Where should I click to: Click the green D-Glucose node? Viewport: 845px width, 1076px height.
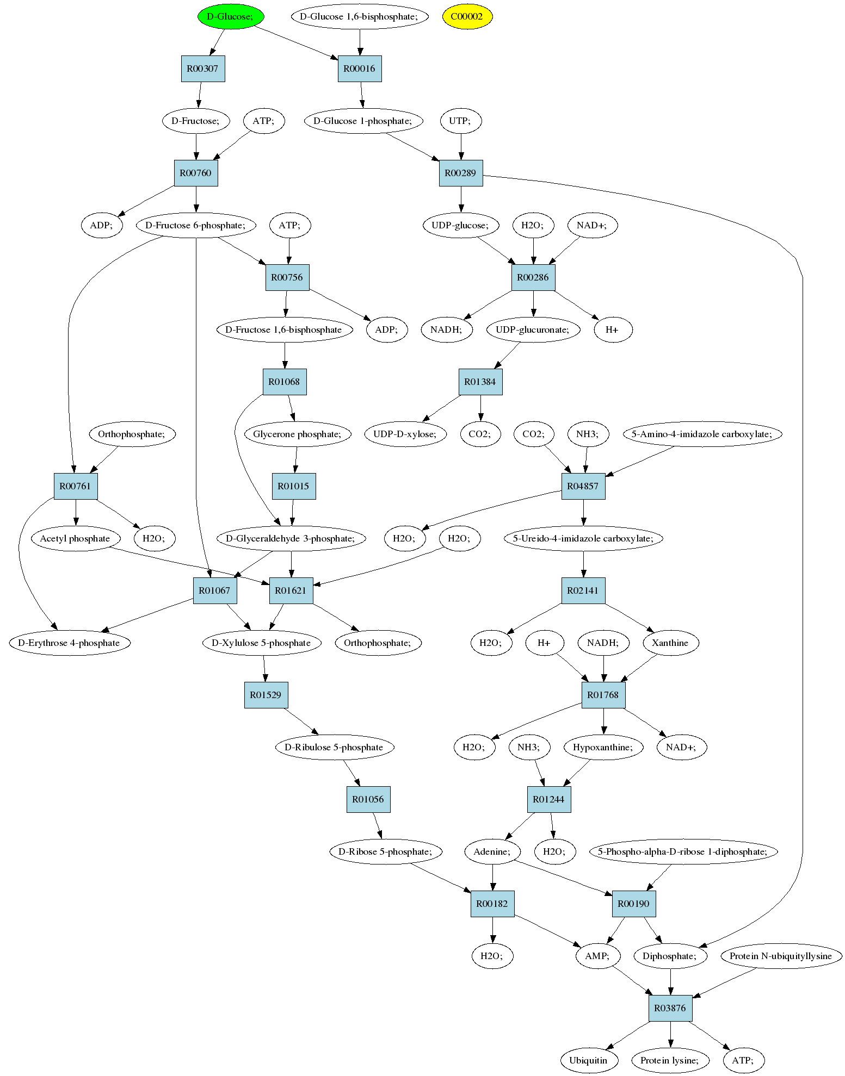[x=230, y=16]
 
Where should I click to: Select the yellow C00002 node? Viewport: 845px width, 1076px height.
[x=467, y=16]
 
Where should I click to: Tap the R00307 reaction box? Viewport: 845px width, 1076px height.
[x=202, y=69]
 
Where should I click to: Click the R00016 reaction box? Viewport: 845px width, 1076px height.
[x=359, y=69]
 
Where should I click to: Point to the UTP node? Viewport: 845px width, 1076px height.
[x=460, y=121]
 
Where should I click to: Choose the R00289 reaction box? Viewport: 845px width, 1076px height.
[x=460, y=173]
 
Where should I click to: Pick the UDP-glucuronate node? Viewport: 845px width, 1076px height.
[x=533, y=329]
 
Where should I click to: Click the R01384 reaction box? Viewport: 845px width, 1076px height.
[x=480, y=382]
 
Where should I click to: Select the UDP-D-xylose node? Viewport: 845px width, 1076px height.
[x=405, y=434]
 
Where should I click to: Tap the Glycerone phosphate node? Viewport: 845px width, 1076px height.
[x=297, y=434]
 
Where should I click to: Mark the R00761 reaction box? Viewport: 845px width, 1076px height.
[x=76, y=486]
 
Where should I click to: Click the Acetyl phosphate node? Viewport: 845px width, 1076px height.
[x=75, y=538]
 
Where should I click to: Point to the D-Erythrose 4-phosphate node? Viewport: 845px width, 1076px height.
[x=70, y=643]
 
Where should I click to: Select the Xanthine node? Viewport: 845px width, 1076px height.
[x=670, y=643]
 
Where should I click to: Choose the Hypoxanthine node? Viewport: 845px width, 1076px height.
[x=603, y=747]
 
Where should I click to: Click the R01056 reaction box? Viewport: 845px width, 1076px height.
[x=368, y=799]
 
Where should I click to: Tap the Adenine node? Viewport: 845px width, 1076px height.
[x=492, y=851]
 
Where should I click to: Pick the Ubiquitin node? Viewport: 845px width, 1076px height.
[x=588, y=1060]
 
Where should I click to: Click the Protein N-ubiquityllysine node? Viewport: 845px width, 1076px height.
[x=781, y=956]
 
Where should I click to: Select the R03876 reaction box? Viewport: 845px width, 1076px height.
[x=670, y=1008]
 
